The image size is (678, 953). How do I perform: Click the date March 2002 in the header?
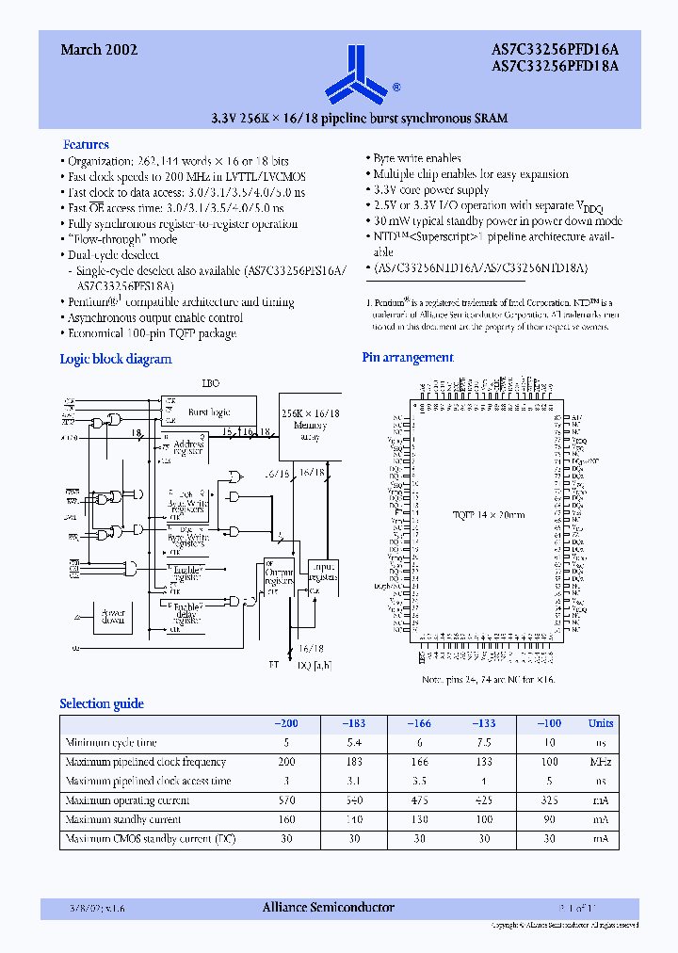100,50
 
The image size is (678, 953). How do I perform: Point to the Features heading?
86,144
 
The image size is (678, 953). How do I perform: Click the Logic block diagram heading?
116,359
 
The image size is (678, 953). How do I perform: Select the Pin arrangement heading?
408,358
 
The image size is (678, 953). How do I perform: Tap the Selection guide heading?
102,703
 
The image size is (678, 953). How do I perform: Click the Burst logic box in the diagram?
209,412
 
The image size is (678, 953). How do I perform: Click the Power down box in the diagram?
112,617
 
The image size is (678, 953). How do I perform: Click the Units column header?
601,723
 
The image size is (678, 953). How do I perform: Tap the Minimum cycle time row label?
110,743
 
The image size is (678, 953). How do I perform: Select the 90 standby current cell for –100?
548,819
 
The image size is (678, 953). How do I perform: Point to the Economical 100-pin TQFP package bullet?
152,333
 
